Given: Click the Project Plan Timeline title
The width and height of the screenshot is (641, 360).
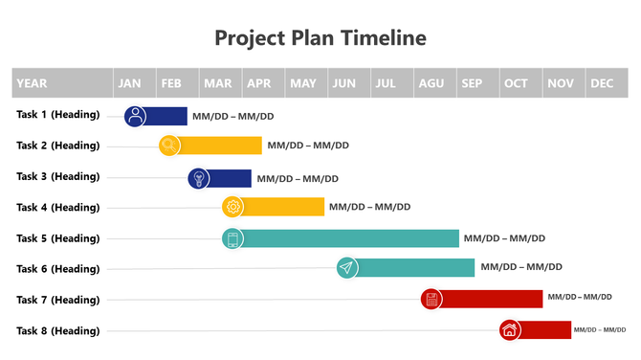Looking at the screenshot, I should pos(320,38).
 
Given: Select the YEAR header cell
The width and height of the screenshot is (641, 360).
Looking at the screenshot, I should pos(32,83).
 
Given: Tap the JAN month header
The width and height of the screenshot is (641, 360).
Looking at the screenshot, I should pos(130,83).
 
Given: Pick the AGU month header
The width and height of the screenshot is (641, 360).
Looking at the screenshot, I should pos(431,83).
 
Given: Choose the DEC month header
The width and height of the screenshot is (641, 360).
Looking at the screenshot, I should pos(602,83).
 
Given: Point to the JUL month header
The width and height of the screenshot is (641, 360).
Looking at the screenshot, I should pos(387,83).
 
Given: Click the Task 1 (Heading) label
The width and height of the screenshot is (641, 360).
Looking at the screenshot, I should pos(58,115).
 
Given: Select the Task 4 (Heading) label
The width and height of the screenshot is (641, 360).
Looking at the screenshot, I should pos(58,207).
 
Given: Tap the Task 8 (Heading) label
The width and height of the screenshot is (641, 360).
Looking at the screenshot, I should pos(58,330).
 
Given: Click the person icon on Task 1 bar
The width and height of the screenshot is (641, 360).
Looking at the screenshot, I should pos(136,116).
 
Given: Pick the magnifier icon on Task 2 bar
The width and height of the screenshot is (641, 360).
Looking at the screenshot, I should pos(170,146).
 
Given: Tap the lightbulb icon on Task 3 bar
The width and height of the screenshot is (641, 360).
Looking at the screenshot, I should pos(199,177).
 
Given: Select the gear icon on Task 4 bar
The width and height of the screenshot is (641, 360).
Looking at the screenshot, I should pos(233,207).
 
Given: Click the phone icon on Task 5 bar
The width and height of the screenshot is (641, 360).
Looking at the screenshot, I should pos(232,238).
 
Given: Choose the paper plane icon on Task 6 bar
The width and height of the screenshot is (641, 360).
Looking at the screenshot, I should pos(346,268).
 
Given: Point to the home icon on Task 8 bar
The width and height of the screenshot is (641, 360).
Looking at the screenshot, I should pos(509,330).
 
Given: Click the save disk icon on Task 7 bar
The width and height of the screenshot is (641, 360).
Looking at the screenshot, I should pos(432,299).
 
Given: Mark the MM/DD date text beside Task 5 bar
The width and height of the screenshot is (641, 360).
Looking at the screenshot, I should pos(504,238).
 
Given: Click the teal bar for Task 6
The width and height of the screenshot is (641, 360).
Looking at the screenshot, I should pos(416,268).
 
